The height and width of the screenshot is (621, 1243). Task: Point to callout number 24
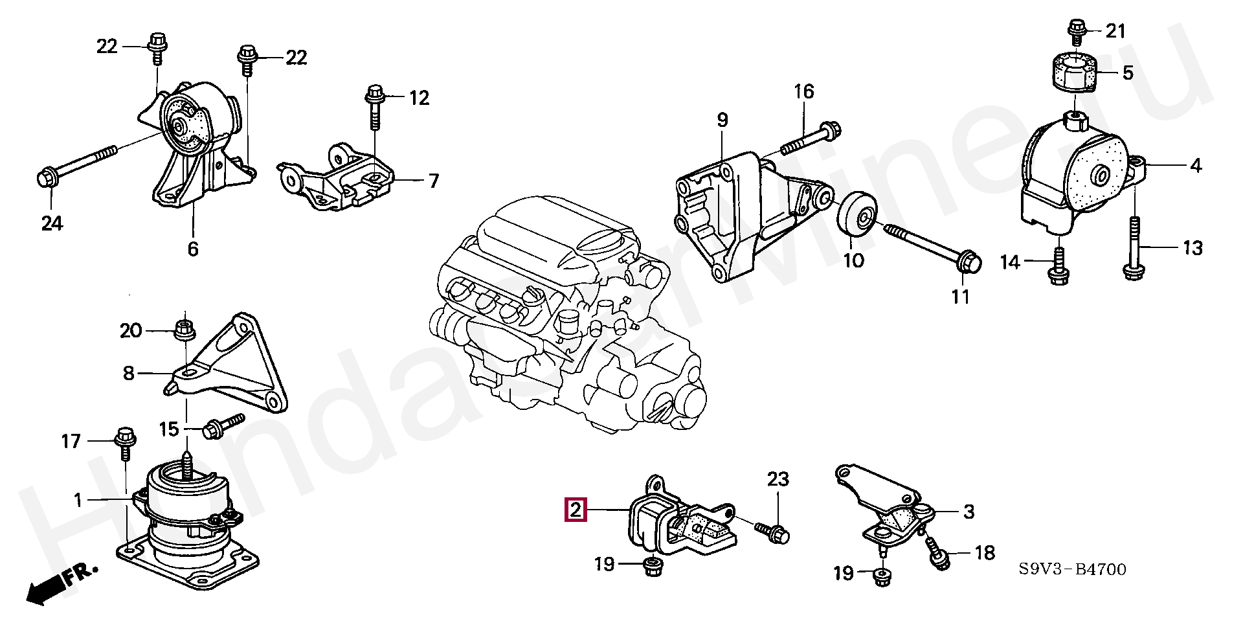(x=52, y=224)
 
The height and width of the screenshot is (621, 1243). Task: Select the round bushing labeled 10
(x=857, y=215)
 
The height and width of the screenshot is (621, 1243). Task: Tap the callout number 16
(x=803, y=91)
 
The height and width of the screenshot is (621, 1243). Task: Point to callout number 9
(x=722, y=120)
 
